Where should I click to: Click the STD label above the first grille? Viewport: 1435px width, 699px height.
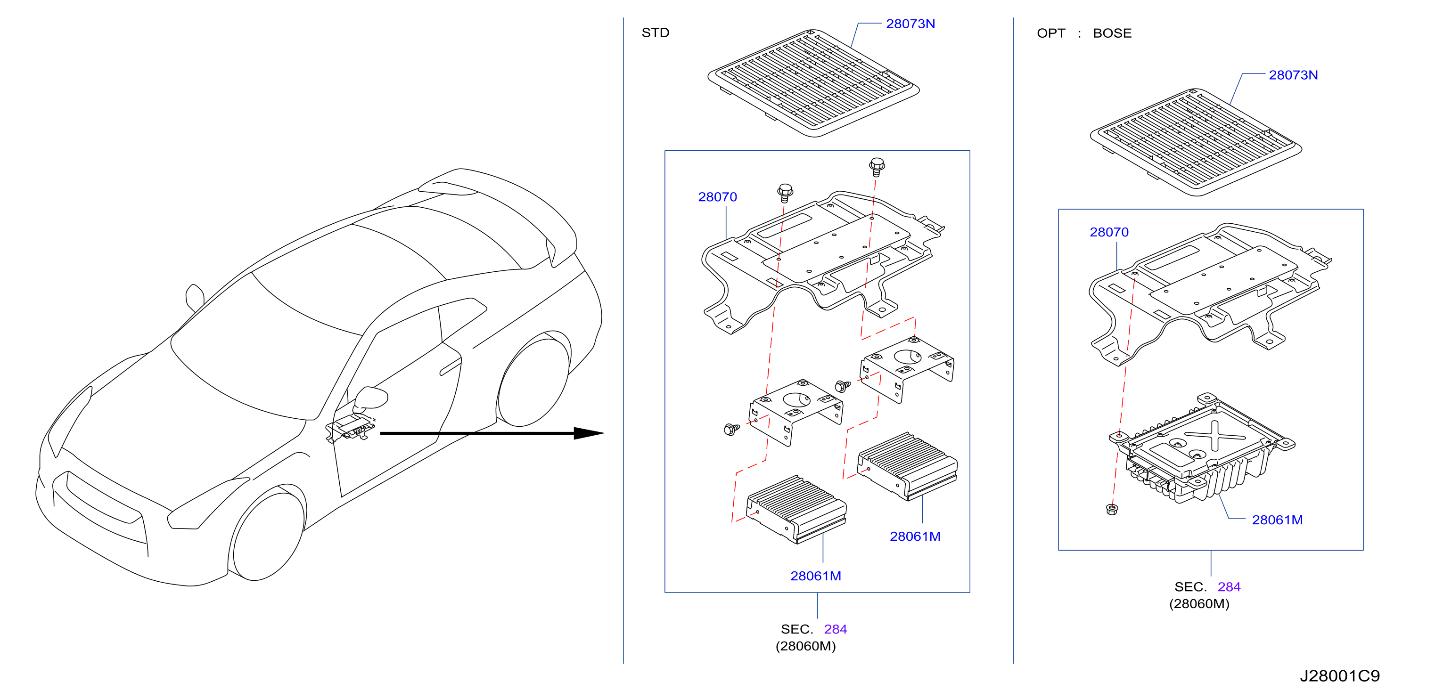[655, 33]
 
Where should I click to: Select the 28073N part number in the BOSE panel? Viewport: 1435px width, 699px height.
[1293, 75]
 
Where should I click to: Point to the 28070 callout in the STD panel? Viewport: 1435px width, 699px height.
[717, 197]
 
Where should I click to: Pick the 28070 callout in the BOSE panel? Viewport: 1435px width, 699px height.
[1109, 232]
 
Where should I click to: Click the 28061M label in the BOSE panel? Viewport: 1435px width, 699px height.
[1277, 520]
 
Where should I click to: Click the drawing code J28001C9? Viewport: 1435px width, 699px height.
[1340, 676]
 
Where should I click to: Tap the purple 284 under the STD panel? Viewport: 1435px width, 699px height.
[835, 629]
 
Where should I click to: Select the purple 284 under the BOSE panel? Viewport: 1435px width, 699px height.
[1229, 587]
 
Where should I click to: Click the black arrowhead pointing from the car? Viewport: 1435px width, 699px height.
[588, 433]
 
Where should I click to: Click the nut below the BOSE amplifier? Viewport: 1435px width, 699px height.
[1111, 509]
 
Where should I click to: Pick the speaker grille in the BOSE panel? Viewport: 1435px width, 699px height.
[1196, 143]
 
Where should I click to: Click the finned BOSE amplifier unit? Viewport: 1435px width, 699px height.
[1202, 449]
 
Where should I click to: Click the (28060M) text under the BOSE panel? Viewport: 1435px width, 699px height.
[1199, 604]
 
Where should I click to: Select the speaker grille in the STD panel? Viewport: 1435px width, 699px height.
[813, 83]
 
